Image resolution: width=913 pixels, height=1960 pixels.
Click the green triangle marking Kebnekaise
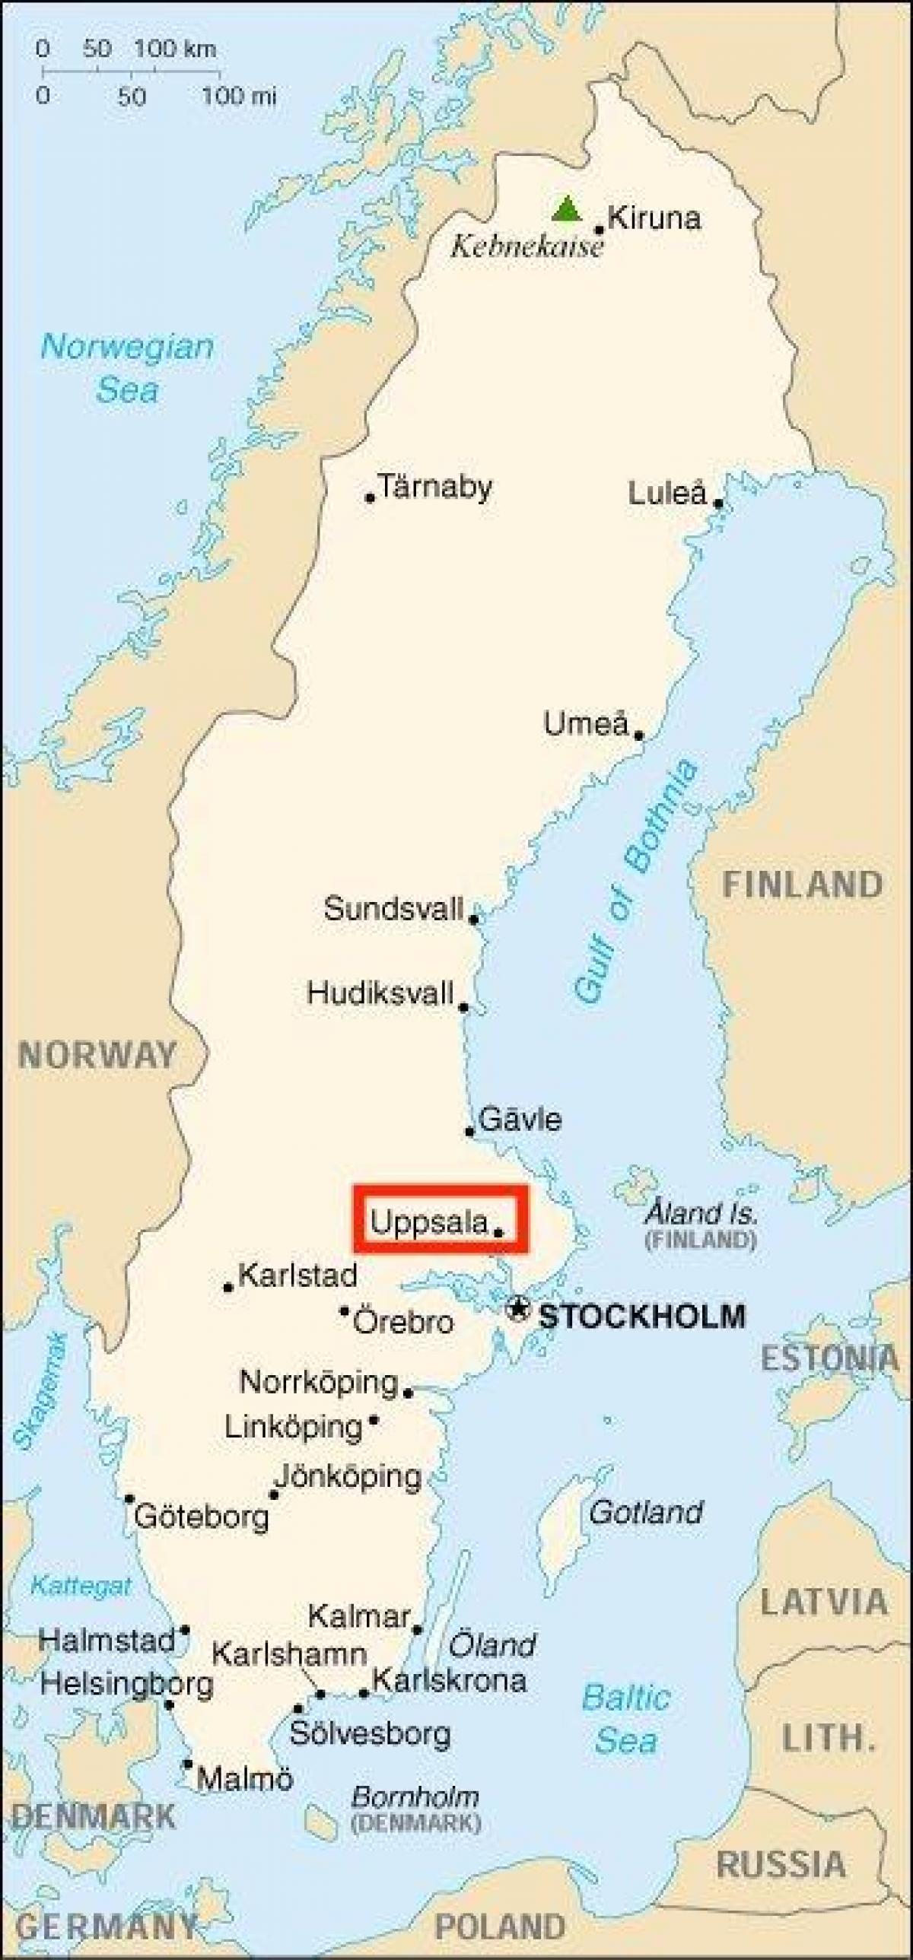(x=567, y=209)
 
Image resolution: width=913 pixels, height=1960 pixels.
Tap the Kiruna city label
(x=654, y=219)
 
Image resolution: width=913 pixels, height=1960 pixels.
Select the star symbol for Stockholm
(x=518, y=1309)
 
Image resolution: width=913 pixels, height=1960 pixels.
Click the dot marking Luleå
(x=718, y=503)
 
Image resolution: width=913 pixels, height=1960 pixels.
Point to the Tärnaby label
(x=435, y=487)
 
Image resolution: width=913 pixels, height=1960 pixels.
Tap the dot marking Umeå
(x=639, y=735)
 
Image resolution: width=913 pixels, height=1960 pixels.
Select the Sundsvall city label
(x=393, y=908)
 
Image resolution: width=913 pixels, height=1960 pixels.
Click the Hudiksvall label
(x=380, y=993)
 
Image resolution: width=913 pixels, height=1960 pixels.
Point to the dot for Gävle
(x=470, y=1132)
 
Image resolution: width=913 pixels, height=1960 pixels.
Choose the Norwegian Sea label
(x=127, y=368)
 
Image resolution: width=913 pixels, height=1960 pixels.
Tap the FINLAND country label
(x=802, y=884)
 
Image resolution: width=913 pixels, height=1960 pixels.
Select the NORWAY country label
(x=97, y=1056)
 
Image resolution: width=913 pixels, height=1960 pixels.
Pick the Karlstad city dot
(x=227, y=1288)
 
